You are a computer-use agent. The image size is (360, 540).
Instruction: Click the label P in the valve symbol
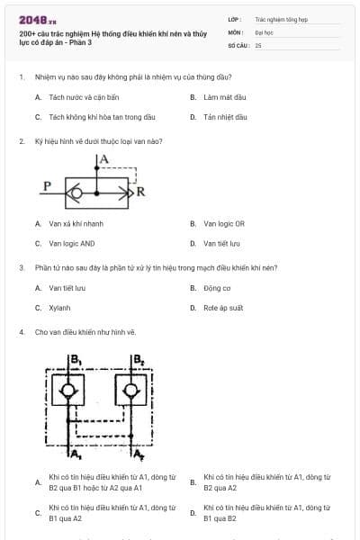[47, 186]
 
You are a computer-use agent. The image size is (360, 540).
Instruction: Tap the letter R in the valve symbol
[140, 192]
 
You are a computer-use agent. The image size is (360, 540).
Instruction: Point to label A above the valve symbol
[104, 159]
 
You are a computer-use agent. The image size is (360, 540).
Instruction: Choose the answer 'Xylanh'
[59, 308]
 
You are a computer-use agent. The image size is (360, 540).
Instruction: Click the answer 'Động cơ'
[217, 288]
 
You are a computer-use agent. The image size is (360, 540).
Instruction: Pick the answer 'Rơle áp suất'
[223, 308]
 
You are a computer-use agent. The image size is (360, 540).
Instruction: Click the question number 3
[21, 267]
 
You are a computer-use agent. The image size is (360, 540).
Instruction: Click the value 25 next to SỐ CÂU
[258, 44]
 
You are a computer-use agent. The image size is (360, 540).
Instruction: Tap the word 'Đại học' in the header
[264, 31]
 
